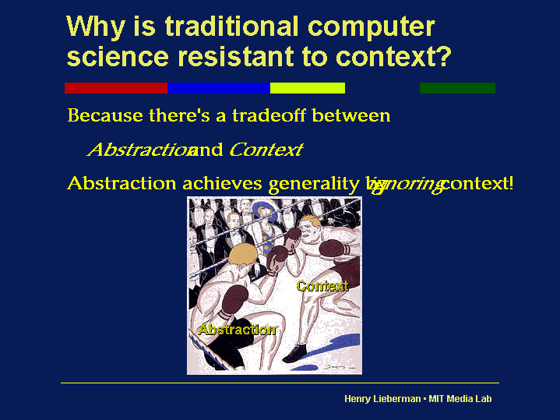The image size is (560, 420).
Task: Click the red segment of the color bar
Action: (x=116, y=88)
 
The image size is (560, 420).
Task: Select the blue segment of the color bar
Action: (x=219, y=88)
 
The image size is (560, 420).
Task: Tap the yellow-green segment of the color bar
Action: (x=308, y=88)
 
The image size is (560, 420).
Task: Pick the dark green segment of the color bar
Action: (x=457, y=88)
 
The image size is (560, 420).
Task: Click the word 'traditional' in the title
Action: (x=231, y=26)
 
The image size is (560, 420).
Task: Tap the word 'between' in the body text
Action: (x=351, y=115)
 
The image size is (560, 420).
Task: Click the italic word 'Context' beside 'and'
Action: (x=266, y=150)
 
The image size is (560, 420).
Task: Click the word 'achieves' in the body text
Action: (x=223, y=183)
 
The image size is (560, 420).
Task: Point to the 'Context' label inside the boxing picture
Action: (x=322, y=286)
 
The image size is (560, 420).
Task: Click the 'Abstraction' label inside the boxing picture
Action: (x=237, y=329)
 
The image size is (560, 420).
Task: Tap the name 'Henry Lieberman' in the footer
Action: (x=382, y=398)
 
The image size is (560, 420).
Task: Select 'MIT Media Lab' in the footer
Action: (x=460, y=398)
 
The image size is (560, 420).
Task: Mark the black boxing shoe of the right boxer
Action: (x=295, y=353)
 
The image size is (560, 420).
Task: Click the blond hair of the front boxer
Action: (x=243, y=255)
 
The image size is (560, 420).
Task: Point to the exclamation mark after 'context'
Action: (x=511, y=182)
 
